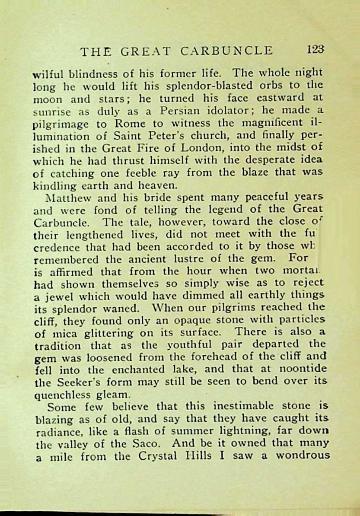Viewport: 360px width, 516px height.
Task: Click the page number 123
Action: pyautogui.click(x=315, y=50)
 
